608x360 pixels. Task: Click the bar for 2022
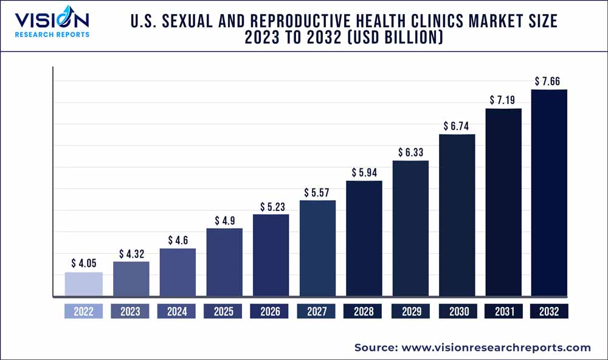[x=84, y=285]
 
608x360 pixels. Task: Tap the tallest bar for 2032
[x=549, y=193]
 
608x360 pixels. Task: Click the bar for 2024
[x=178, y=272]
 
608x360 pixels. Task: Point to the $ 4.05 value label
[x=84, y=263]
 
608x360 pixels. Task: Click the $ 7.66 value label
[x=549, y=81]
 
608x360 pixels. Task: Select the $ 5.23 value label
[x=271, y=207]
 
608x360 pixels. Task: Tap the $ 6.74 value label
[x=457, y=126]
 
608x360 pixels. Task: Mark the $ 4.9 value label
[x=224, y=221]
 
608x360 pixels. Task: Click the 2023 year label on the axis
[x=130, y=311]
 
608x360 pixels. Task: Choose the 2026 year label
[x=270, y=311]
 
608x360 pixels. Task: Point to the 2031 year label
[x=503, y=311]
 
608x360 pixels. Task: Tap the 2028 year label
[x=364, y=311]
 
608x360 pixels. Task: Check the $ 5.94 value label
[x=364, y=173]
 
